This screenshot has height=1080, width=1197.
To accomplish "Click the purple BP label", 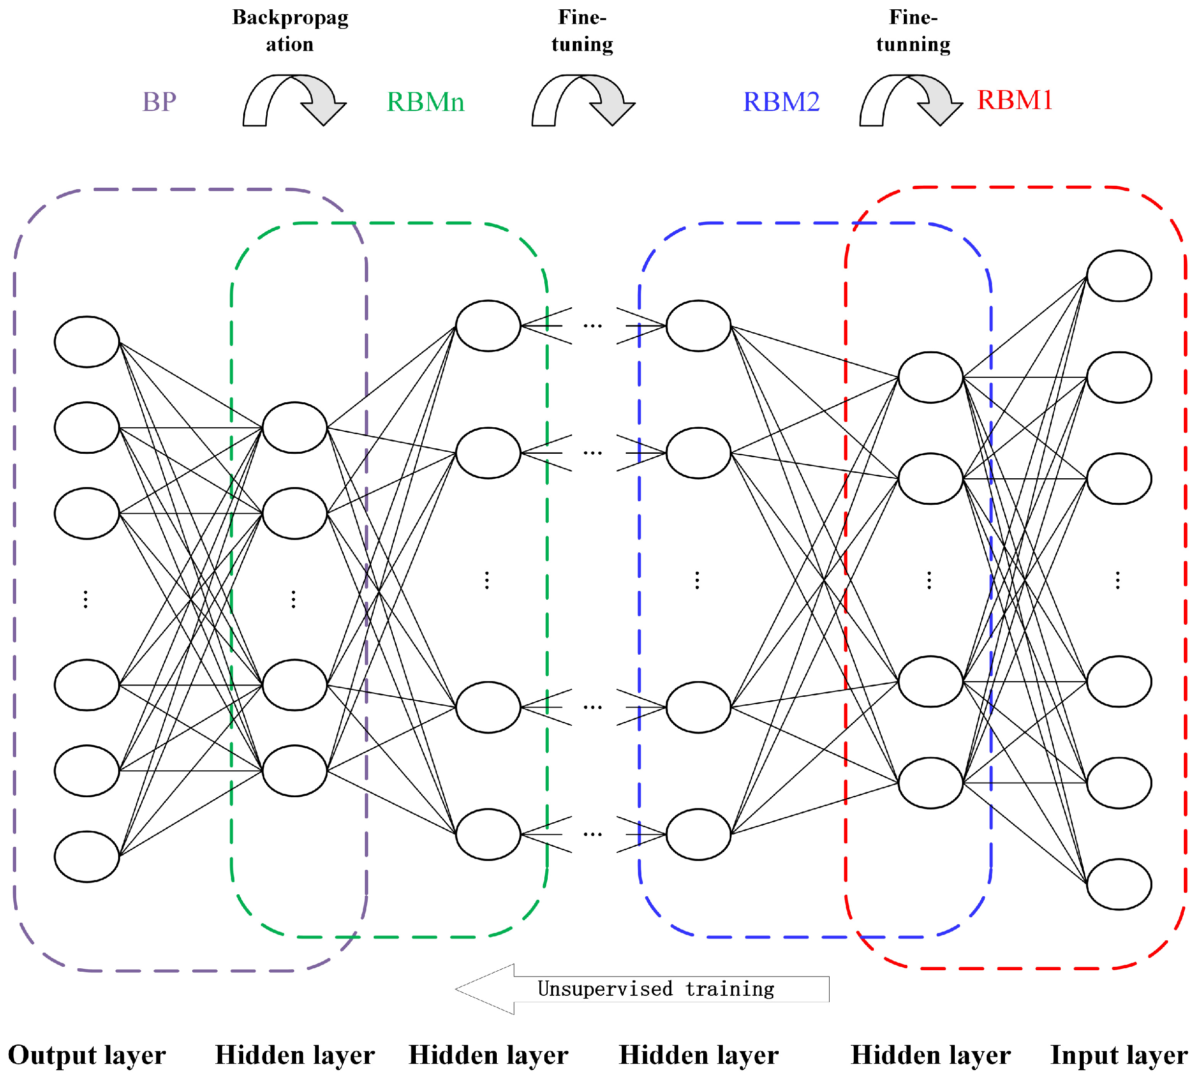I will [159, 102].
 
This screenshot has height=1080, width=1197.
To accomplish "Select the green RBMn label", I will [425, 102].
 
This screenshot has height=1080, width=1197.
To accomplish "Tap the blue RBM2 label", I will [781, 102].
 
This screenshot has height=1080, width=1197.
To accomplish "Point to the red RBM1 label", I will [1014, 99].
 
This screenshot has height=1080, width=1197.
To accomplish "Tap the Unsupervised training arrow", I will [641, 989].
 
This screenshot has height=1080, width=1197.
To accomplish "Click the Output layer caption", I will [87, 1055].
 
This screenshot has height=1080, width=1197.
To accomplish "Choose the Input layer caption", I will [1119, 1055].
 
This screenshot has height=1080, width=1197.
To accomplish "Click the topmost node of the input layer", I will [1119, 276].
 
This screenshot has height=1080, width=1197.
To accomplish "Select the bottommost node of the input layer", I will [1119, 884].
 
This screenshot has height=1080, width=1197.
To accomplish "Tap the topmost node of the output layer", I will [87, 342].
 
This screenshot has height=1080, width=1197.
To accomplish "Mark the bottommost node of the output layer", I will [87, 857].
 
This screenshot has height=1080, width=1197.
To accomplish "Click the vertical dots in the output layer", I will [86, 599].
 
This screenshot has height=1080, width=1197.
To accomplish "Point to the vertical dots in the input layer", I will [1118, 580].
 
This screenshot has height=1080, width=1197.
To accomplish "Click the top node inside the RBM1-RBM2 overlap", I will [930, 377].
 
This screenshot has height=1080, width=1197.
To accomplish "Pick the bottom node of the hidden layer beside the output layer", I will [295, 771].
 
